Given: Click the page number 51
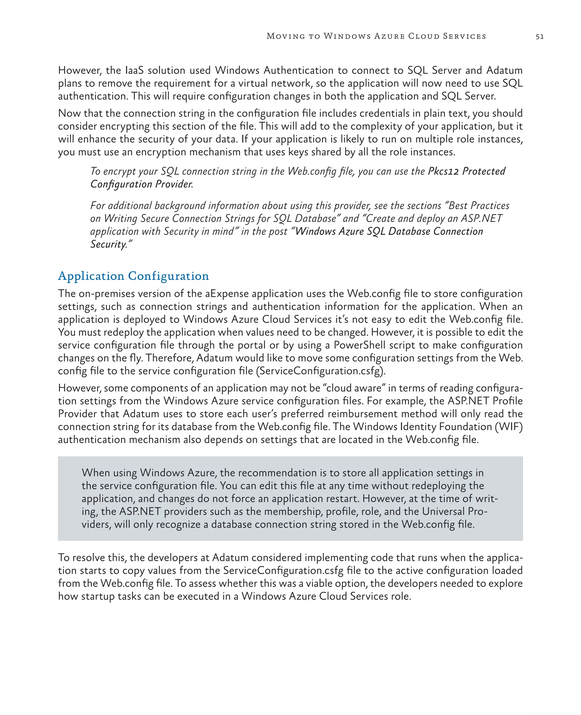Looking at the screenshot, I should (x=540, y=37).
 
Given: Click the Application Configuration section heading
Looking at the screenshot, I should (x=133, y=276).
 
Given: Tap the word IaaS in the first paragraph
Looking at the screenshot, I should (x=134, y=70).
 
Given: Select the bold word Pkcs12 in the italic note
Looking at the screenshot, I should (x=443, y=171).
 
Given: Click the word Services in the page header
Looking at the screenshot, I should (x=464, y=36).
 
